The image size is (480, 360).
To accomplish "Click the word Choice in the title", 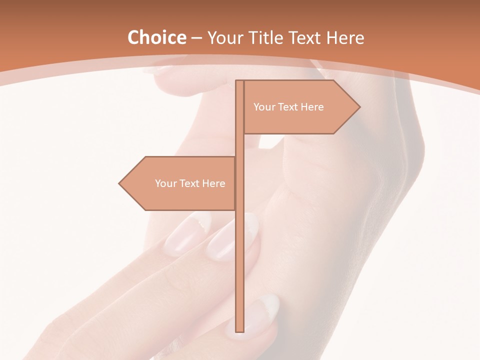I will point(156,38).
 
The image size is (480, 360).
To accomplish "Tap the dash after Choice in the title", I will point(196,38).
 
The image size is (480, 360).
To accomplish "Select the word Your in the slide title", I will point(225,38).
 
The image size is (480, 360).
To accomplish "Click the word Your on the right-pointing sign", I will point(264,107).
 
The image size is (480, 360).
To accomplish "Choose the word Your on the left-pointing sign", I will point(166,183).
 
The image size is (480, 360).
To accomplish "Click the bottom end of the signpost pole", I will point(239,330).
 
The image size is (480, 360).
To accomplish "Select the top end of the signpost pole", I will point(239,82).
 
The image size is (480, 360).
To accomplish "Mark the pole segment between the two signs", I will point(239,145).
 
